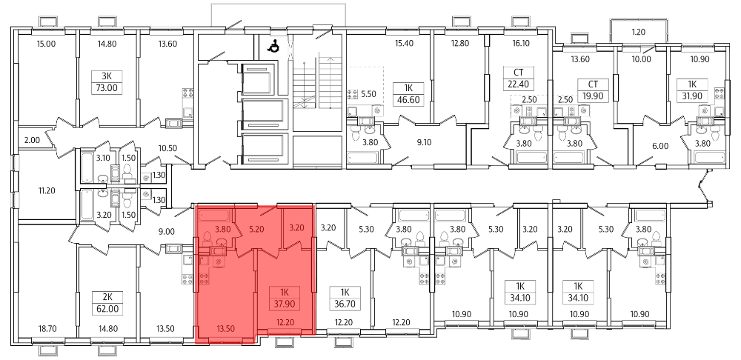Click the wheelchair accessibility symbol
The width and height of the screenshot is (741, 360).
[x=273, y=46]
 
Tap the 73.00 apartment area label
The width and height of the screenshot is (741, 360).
[x=107, y=88]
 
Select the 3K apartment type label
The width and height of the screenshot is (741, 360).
[x=107, y=76]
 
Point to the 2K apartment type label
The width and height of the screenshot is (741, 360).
[x=107, y=298]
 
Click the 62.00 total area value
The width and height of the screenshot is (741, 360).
[x=107, y=310]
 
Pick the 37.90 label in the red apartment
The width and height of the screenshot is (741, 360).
[x=285, y=304]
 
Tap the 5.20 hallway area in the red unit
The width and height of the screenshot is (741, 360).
[x=257, y=230]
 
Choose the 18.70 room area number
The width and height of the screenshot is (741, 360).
[x=47, y=329]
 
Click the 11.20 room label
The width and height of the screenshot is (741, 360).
[x=47, y=191]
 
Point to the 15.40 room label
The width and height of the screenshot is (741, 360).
[x=405, y=44]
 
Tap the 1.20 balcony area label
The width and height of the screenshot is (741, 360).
[x=639, y=33]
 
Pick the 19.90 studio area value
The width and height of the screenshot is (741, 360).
[x=593, y=96]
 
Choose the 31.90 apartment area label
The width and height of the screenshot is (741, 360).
[x=692, y=96]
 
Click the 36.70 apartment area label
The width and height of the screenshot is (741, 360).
[x=345, y=304]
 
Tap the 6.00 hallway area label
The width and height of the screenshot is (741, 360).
[x=660, y=146]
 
